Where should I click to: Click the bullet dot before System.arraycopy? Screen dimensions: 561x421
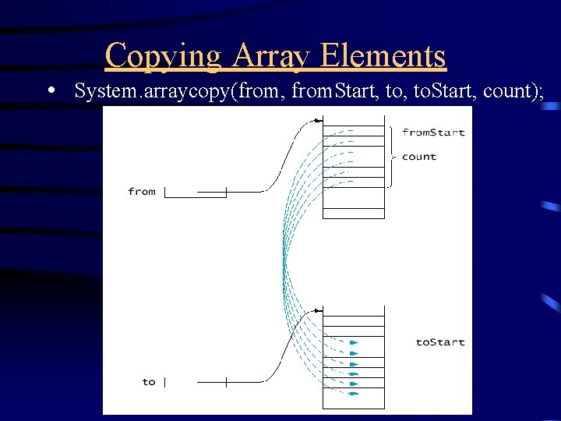coord(51,90)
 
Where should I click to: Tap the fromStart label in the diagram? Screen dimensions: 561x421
coord(433,132)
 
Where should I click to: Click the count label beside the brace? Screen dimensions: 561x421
coord(419,157)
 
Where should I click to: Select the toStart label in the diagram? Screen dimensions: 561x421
coord(439,341)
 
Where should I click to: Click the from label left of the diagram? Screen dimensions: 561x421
coord(142,191)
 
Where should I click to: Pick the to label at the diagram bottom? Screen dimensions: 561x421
coord(149,381)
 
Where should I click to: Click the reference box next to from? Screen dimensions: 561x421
coord(196,192)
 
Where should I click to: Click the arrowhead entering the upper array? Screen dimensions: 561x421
coord(319,121)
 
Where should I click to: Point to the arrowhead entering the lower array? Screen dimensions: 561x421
coord(319,310)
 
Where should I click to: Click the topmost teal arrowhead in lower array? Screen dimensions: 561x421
coord(353,342)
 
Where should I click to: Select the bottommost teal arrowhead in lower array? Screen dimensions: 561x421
coord(353,394)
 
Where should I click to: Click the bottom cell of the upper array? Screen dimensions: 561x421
coord(354,213)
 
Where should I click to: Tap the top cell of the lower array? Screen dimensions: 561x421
coord(354,310)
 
